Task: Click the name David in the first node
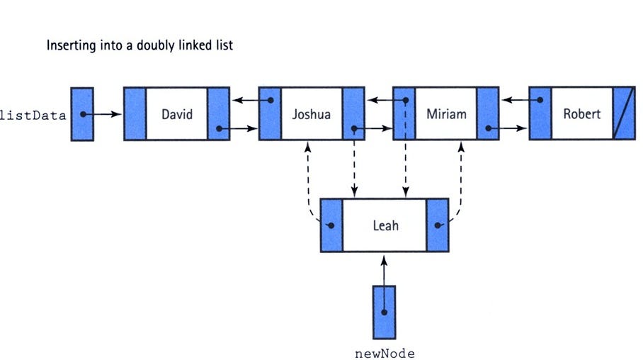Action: [x=177, y=113]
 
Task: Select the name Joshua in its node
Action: [x=311, y=113]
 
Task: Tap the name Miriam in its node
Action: [x=446, y=113]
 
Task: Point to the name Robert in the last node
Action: [x=582, y=113]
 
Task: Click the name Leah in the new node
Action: [x=385, y=225]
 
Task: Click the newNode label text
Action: [x=383, y=352]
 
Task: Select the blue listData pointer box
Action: [x=83, y=114]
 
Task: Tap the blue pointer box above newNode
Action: [x=383, y=312]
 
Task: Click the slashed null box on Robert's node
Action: [x=624, y=113]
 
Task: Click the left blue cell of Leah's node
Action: [x=331, y=225]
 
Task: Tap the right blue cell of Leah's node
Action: [x=438, y=225]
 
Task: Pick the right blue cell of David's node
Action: [x=218, y=114]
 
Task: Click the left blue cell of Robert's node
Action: [x=540, y=114]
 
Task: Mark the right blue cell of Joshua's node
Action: [x=353, y=114]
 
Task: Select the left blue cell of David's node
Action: [x=135, y=114]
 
